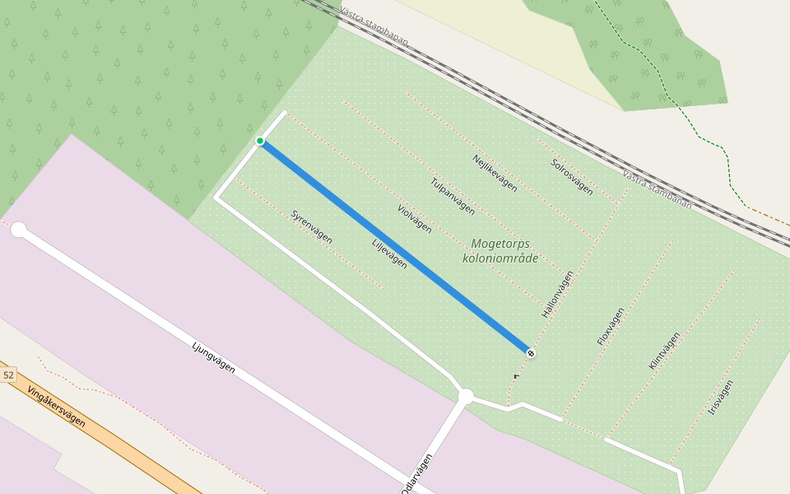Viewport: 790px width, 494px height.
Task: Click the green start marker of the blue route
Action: [260, 141]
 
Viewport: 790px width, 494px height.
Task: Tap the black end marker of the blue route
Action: [531, 353]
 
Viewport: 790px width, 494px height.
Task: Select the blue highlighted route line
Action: [395, 247]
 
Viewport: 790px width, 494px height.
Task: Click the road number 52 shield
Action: [8, 375]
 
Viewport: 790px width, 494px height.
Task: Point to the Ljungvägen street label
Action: [213, 358]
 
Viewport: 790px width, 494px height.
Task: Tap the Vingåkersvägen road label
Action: [56, 406]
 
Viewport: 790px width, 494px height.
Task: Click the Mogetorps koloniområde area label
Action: [500, 251]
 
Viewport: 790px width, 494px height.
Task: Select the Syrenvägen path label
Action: [311, 226]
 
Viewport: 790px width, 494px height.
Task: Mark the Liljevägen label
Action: [389, 254]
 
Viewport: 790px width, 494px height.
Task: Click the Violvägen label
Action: [414, 218]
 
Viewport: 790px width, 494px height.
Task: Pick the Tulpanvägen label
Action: [452, 197]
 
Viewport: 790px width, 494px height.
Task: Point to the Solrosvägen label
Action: [571, 176]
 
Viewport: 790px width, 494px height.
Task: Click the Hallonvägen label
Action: [557, 296]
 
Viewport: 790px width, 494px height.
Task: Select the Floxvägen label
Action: [610, 326]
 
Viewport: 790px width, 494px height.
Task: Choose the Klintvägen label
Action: [664, 351]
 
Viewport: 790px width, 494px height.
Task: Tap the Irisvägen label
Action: [720, 398]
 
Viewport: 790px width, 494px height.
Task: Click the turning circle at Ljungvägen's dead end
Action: [19, 230]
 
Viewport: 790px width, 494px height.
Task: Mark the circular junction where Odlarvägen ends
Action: [466, 397]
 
